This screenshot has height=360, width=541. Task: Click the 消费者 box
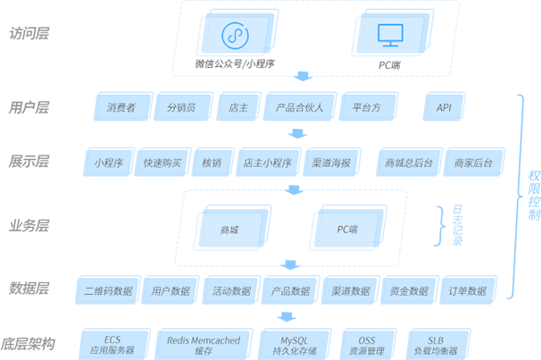[x=121, y=108]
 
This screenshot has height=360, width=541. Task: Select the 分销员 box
[x=180, y=108]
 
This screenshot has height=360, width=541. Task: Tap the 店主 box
[x=237, y=108]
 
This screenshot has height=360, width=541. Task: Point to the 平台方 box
[x=366, y=108]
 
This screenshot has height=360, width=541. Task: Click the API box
[x=444, y=108]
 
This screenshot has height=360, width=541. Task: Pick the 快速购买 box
[x=162, y=163]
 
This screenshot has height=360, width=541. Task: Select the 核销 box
[x=212, y=163]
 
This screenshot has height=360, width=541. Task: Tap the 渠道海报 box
[x=330, y=163]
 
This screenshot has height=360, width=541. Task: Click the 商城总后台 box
[x=409, y=163]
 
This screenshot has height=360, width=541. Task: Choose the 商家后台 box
[x=473, y=163]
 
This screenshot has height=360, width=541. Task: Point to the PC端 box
[x=347, y=230]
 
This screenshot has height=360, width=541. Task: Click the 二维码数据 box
[x=108, y=291]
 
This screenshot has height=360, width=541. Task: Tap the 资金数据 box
[x=409, y=291]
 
